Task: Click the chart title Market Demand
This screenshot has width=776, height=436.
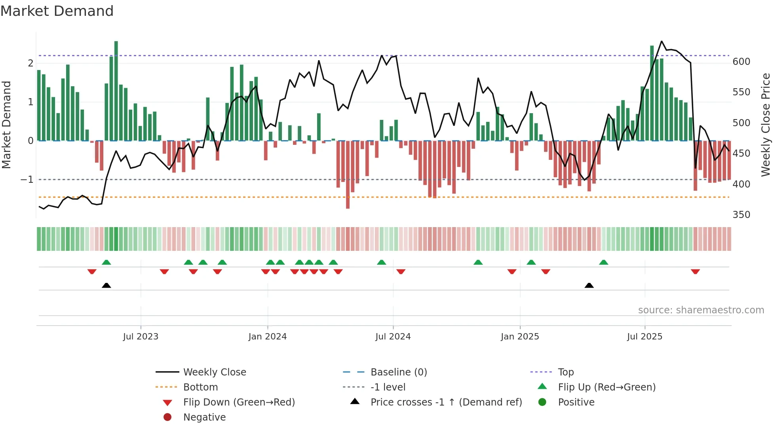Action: click(57, 11)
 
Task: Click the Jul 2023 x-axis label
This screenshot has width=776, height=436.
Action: click(141, 337)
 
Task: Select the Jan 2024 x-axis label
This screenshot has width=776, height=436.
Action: click(268, 337)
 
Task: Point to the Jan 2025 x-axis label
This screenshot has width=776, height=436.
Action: click(520, 337)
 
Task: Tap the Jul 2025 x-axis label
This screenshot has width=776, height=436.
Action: click(645, 337)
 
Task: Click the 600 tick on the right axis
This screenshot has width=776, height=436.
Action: click(741, 62)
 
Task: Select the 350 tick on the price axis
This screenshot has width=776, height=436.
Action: click(741, 215)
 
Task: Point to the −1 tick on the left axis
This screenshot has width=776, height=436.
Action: click(27, 180)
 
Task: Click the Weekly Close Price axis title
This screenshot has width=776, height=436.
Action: click(766, 125)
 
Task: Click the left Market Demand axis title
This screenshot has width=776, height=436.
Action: click(7, 125)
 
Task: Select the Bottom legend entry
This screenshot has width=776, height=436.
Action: click(200, 387)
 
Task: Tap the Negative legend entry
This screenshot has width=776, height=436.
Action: click(204, 417)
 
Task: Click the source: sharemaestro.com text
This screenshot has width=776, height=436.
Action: click(701, 310)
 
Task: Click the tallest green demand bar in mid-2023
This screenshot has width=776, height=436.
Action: click(116, 91)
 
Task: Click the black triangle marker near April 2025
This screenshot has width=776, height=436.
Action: click(589, 286)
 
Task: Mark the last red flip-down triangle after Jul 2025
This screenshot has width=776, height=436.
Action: click(695, 272)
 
